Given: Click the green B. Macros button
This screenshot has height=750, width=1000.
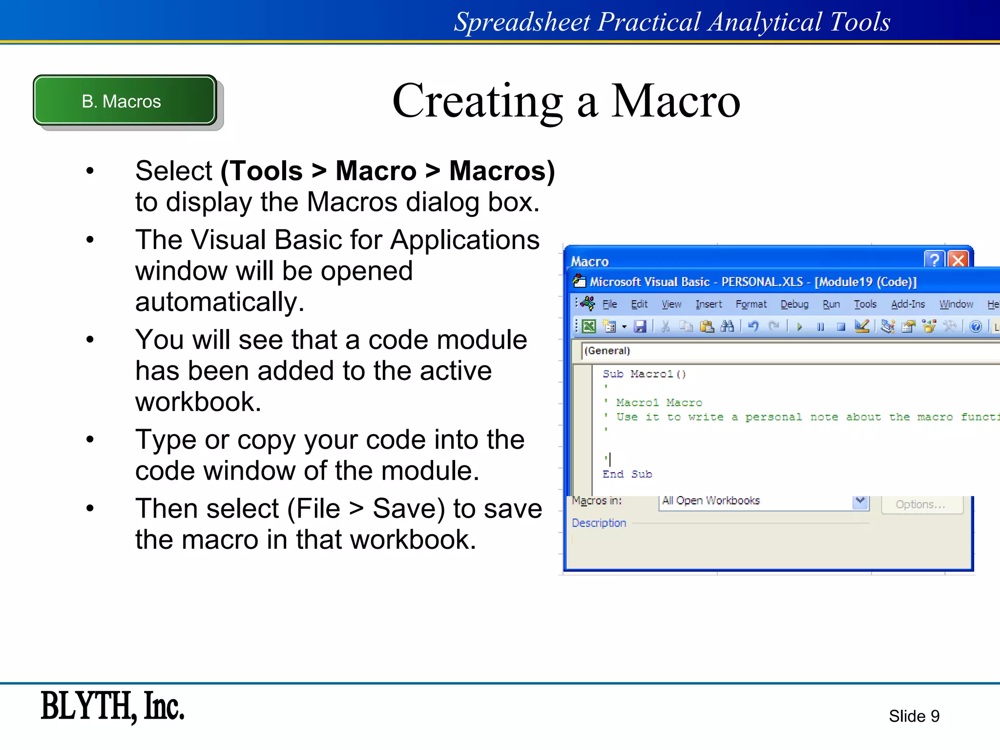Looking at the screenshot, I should [125, 101].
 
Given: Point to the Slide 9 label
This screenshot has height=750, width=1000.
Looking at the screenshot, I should [914, 716].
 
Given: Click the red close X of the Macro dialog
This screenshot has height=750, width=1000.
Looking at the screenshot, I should [958, 260].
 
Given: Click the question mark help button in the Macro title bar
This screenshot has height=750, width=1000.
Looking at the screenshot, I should [934, 260].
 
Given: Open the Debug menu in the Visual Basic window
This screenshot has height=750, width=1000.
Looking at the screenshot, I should [794, 304].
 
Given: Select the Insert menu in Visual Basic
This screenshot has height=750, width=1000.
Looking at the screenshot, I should [708, 304].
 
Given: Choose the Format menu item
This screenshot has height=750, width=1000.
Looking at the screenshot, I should [751, 304].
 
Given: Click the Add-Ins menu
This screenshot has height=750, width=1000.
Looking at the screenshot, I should [908, 304].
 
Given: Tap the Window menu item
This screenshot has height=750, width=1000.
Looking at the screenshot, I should [956, 304].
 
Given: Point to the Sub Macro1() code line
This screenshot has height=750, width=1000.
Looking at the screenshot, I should [644, 374].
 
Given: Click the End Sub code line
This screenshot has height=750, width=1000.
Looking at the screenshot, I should [627, 474].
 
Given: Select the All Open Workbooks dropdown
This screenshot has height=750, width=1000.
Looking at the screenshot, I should [763, 501].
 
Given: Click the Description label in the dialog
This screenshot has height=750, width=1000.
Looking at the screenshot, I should [599, 523].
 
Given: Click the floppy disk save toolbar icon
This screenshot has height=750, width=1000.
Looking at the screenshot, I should [640, 326].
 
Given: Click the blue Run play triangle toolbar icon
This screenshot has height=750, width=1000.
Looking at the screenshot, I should [799, 326].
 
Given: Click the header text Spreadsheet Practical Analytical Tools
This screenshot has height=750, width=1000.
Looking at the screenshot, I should [672, 21].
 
